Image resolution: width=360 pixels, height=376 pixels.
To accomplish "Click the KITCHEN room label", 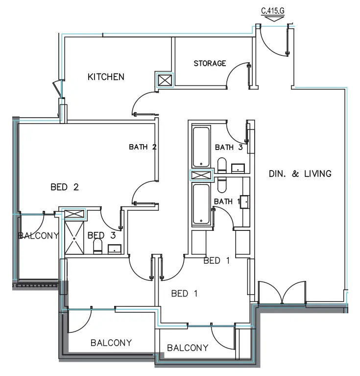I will pos(106,77).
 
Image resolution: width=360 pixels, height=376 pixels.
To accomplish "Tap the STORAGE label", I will pos(210,63).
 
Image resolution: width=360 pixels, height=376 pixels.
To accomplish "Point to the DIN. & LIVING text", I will pos(300,174).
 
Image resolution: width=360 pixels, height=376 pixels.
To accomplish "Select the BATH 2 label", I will pos(143,147).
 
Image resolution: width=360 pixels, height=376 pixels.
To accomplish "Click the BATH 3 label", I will pos(229,147).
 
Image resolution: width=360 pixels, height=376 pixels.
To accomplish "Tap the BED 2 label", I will pos(65,187).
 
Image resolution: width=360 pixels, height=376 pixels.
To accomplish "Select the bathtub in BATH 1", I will pos(201,205).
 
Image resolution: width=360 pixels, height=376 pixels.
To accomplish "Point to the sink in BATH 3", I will pos(238,168).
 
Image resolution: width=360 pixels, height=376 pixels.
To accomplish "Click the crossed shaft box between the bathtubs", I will pos(201,175).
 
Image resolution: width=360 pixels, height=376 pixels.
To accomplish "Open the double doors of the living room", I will pos(281,294).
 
